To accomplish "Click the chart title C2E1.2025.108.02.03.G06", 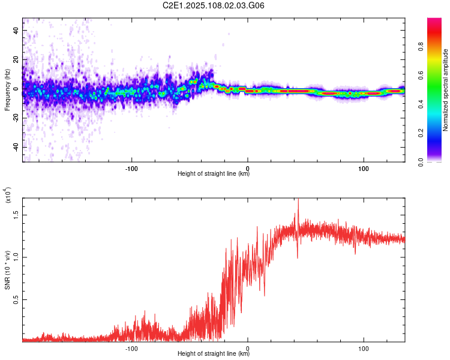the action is tap(213, 5).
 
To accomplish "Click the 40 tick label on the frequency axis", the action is tap(16, 30).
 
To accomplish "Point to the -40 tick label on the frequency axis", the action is tap(16, 148).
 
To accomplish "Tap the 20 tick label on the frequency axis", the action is tap(16, 59).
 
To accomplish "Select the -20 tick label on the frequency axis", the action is tap(16, 118).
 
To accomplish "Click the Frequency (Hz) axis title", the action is tap(7, 90).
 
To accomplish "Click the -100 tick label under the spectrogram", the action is tap(131, 169).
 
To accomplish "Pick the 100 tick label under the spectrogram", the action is tap(364, 169).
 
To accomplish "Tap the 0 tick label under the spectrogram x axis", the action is tap(248, 169).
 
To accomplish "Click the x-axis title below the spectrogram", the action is tap(214, 173).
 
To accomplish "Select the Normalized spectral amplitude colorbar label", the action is tap(445, 90).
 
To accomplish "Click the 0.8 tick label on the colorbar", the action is tap(421, 46).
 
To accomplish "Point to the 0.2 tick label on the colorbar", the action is tap(421, 133).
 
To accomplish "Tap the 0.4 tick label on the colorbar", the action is tap(421, 104).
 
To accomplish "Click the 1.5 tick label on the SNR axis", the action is tap(16, 215).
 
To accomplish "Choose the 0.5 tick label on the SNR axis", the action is tap(16, 300).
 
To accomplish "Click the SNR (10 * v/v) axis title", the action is tap(7, 270).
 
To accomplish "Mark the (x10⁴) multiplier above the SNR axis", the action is tap(8, 195).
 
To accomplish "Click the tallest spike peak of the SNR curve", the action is tap(298, 199).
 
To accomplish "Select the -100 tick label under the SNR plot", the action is tap(131, 349).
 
